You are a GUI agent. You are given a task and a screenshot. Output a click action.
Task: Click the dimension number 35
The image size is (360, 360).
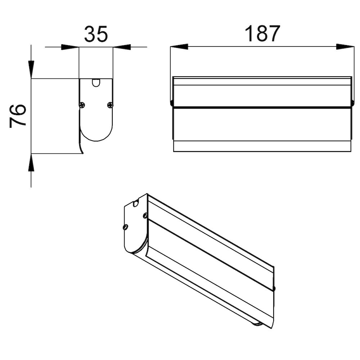coord(96,34)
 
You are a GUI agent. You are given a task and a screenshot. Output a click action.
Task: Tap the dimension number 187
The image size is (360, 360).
coord(262,34)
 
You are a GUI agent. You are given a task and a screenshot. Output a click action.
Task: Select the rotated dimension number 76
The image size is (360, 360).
coord(18,116)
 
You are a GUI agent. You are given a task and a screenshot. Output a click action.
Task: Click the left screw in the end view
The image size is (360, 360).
coord(82,105)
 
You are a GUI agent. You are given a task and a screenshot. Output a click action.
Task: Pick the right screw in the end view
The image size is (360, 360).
coord(110,105)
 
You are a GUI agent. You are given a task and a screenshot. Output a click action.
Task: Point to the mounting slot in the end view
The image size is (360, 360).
coord(96,83)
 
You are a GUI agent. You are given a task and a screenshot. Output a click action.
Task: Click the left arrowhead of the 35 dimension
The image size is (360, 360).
coord(70,47)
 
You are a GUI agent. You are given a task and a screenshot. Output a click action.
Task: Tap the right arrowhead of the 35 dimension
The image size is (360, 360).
coord(122,47)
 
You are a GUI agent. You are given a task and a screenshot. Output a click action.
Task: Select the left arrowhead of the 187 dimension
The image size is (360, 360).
coord(179,46)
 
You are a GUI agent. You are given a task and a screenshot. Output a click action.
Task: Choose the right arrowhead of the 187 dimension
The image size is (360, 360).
coord(345,46)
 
